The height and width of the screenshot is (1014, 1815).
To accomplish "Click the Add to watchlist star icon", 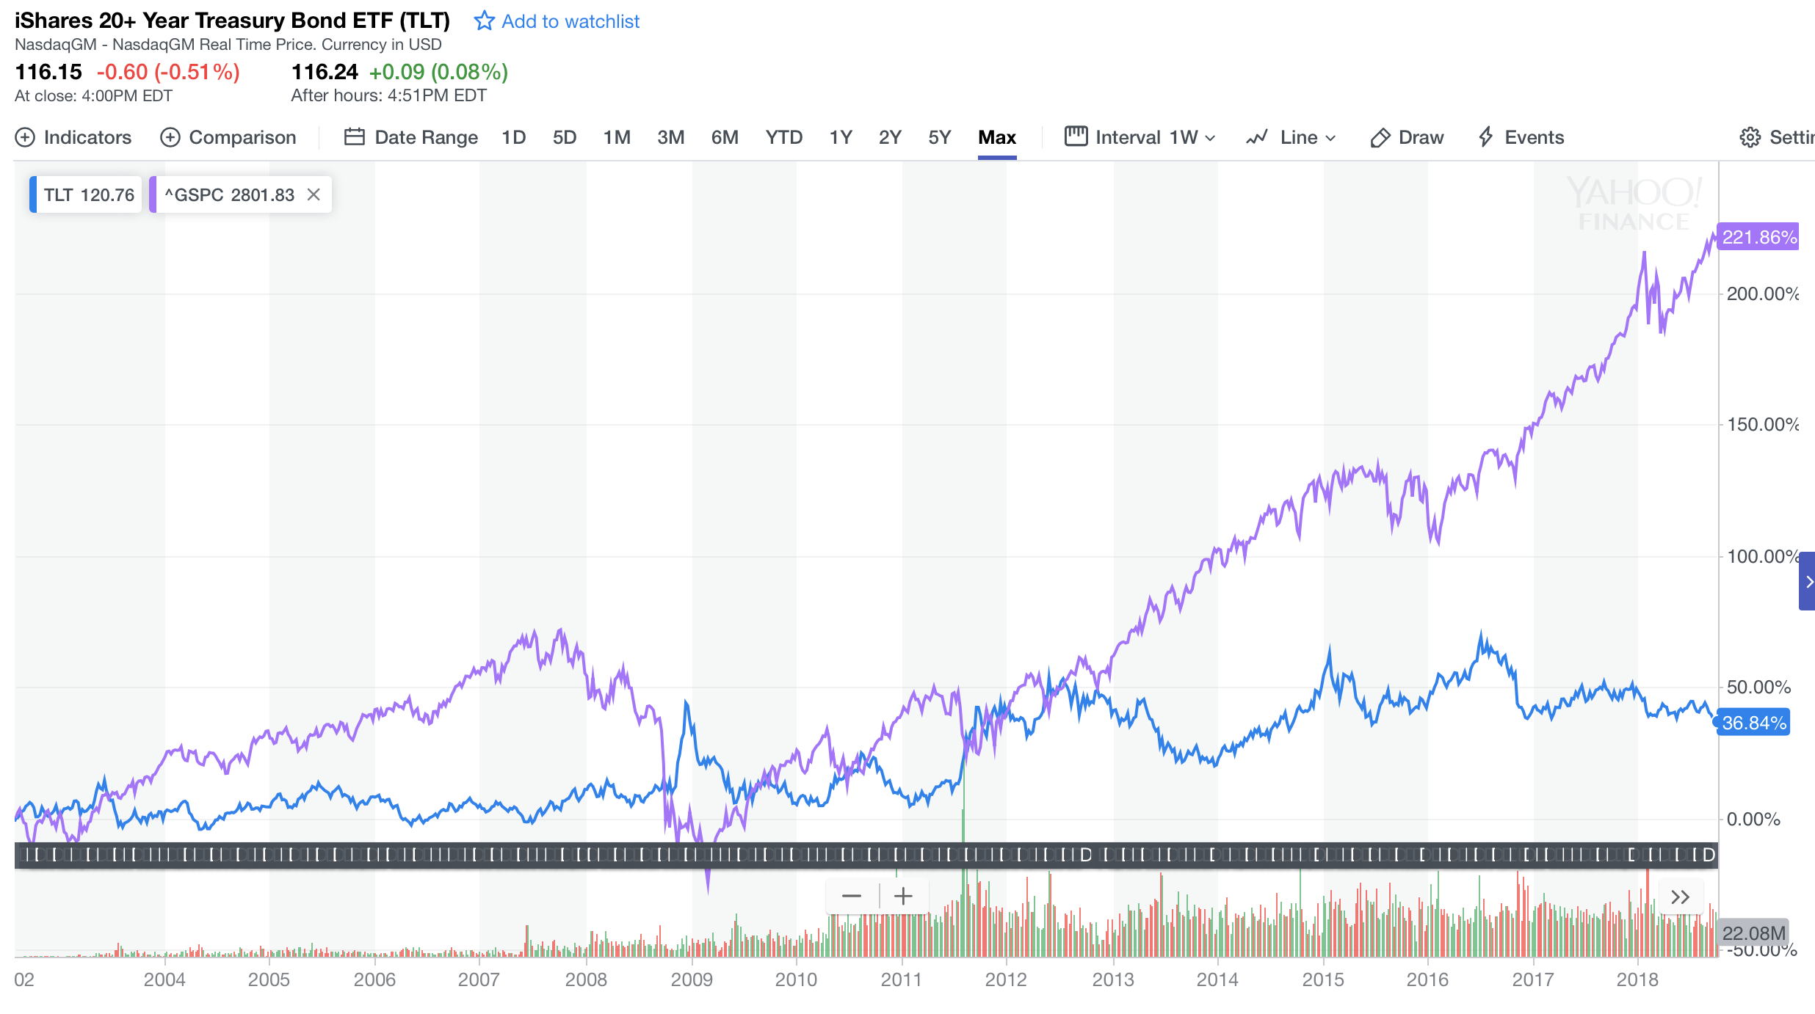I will (484, 21).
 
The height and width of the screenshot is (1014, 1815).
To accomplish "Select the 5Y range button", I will (939, 137).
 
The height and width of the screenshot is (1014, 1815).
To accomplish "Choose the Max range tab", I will (996, 137).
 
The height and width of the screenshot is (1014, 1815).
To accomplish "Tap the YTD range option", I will (783, 137).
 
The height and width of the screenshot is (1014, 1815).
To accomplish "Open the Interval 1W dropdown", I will (1140, 137).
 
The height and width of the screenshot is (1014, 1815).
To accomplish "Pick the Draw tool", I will (1407, 137).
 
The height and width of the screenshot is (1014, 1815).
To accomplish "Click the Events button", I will (1521, 137).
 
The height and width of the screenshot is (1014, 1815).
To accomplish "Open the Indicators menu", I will (73, 137).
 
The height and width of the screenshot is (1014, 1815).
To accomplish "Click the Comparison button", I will (228, 137).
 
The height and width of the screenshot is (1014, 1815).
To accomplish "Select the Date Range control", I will (411, 137).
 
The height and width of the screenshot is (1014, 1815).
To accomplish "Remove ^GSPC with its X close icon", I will (314, 194).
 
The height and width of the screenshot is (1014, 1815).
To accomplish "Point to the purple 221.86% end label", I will (1758, 237).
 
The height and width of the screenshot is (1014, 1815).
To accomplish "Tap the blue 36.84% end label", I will (1753, 723).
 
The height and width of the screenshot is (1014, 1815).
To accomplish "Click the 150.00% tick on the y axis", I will (1761, 424).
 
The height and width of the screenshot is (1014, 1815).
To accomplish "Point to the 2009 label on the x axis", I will (691, 980).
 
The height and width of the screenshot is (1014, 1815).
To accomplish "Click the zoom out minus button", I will (852, 896).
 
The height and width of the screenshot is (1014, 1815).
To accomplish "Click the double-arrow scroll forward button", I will (1680, 897).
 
